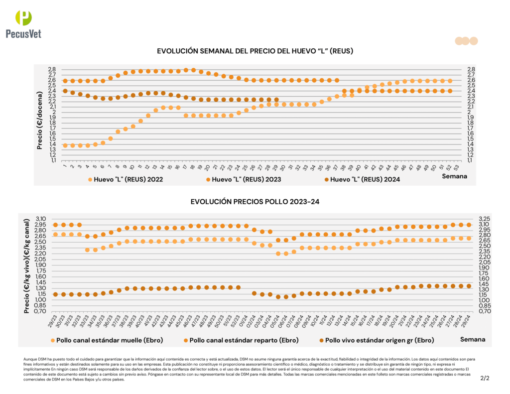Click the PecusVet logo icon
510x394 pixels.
pyautogui.click(x=23, y=18)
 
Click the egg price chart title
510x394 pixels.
pyautogui.click(x=255, y=51)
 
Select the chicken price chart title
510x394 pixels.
pyautogui.click(x=255, y=202)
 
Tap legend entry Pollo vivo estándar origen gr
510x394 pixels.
pyautogui.click(x=375, y=340)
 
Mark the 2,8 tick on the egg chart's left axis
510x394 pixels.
pyautogui.click(x=52, y=69)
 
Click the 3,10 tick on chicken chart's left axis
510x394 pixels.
pyautogui.click(x=41, y=219)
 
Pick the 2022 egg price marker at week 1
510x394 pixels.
pyautogui.click(x=65, y=145)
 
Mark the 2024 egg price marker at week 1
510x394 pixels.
pyautogui.click(x=65, y=91)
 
